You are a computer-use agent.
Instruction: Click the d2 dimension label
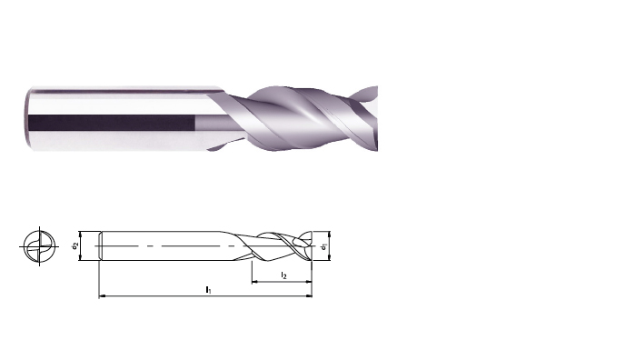75,245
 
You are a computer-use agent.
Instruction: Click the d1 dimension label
323,246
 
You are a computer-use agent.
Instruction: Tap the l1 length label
208,290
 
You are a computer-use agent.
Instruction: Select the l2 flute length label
283,275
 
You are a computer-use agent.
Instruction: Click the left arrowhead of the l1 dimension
102,296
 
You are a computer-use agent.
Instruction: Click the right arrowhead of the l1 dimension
310,296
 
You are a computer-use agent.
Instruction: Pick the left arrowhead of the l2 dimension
254,282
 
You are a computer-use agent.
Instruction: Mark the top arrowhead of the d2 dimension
81,235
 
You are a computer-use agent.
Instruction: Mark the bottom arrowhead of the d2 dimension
81,257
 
